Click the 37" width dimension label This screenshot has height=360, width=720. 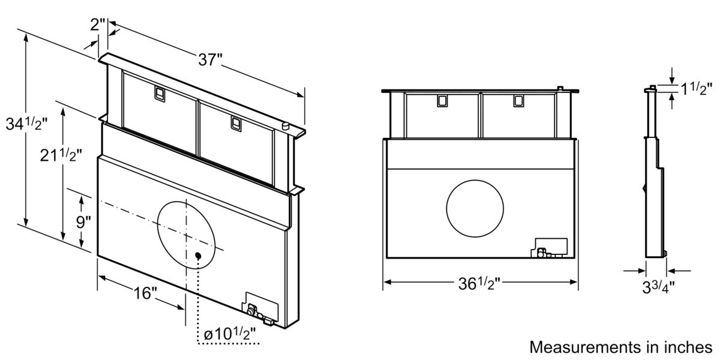211,59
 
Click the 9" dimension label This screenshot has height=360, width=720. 83,221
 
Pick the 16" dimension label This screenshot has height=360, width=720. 145,293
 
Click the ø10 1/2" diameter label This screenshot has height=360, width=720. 229,334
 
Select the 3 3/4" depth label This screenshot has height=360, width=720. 658,286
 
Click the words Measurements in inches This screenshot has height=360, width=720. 620,347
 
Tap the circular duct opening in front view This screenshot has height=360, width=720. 475,207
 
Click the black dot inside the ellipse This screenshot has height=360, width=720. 199,256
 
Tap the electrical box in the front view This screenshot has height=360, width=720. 550,249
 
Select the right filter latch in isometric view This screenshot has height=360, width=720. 236,124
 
